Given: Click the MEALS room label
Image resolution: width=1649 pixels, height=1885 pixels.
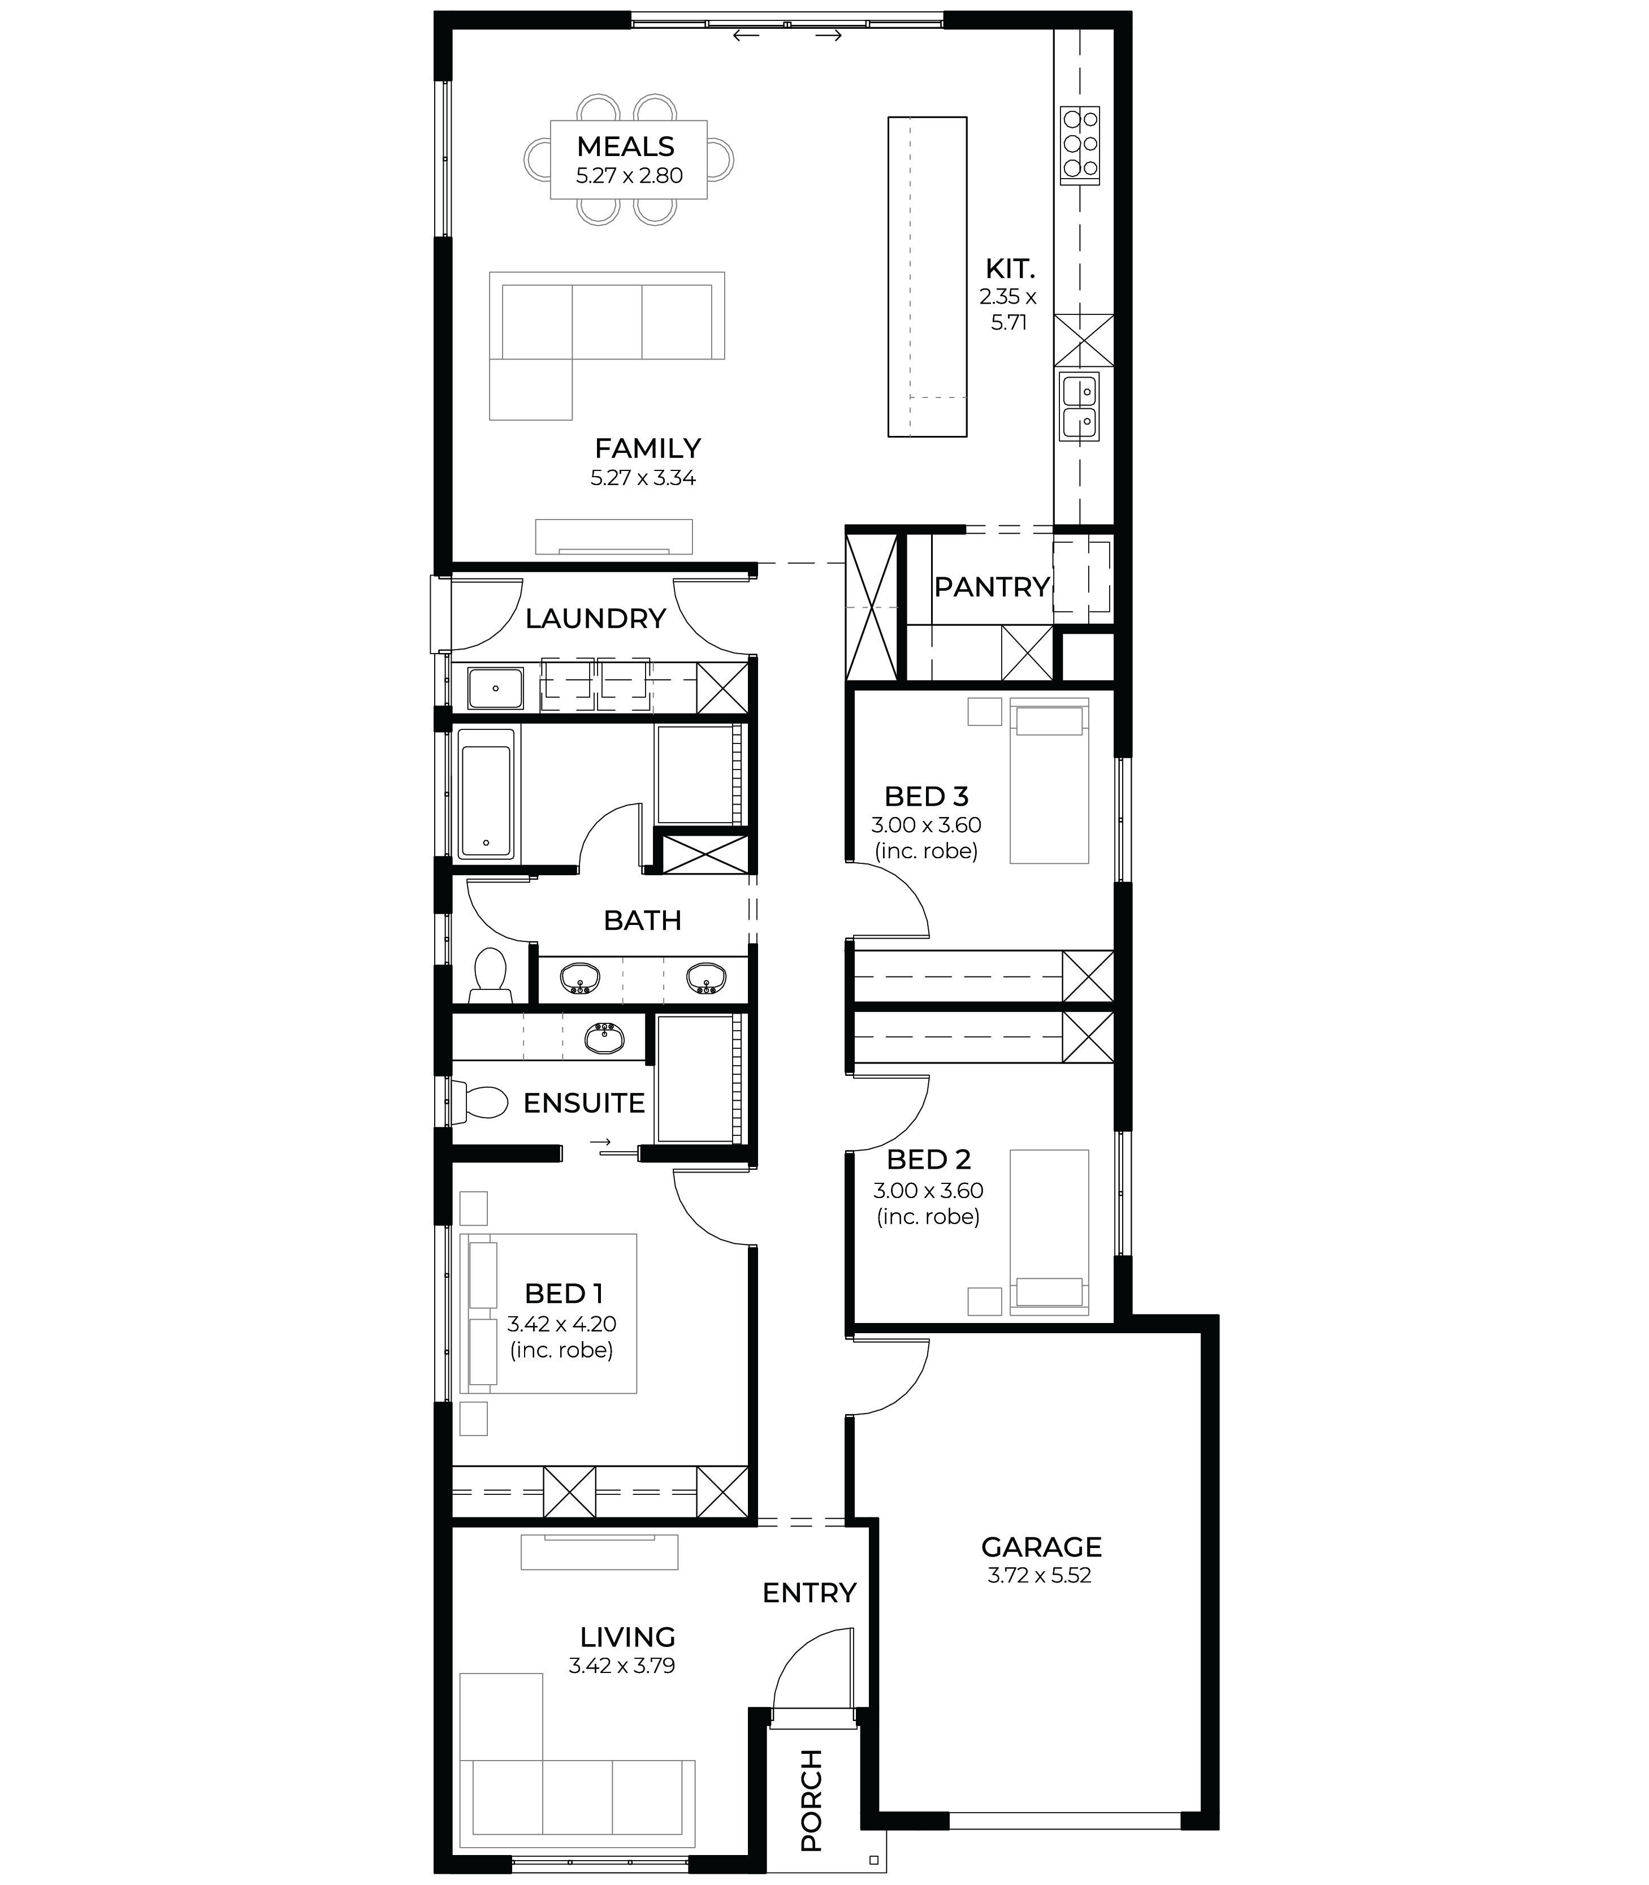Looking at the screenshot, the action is (x=626, y=146).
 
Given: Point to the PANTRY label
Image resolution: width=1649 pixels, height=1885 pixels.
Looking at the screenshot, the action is (x=992, y=586).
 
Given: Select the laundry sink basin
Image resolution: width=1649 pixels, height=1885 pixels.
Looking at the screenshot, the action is (x=495, y=689).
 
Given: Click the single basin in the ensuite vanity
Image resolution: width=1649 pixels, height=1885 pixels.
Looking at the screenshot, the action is (x=604, y=1037).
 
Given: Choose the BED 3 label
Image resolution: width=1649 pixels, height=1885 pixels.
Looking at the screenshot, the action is (x=927, y=796).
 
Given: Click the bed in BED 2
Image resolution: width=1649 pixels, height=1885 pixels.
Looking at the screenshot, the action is (x=1049, y=1231).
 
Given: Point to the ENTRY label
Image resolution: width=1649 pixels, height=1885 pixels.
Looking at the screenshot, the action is (x=810, y=1592).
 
